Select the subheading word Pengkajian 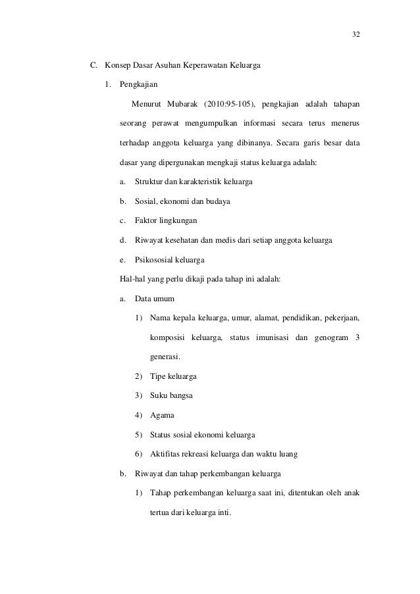pyautogui.click(x=138, y=85)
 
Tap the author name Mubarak pyautogui.click(x=181, y=104)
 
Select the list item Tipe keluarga pyautogui.click(x=173, y=376)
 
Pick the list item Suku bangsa pyautogui.click(x=172, y=395)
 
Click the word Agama pyautogui.click(x=163, y=415)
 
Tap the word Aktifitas pyautogui.click(x=167, y=453)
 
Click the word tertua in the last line pyautogui.click(x=162, y=511)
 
